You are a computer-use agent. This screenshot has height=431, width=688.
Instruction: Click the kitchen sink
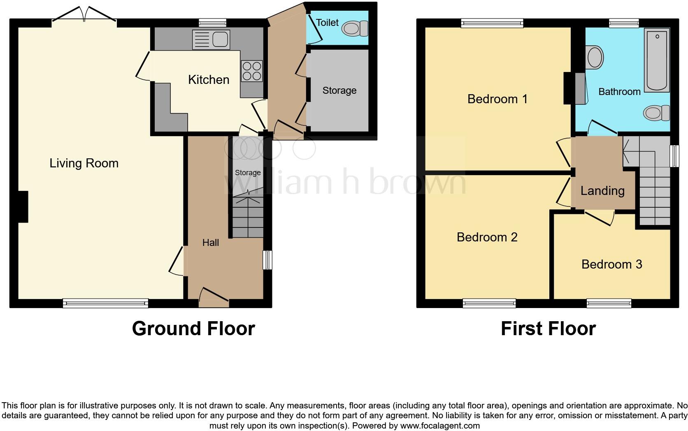[211, 40]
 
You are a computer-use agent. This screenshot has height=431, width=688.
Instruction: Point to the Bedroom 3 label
[611, 264]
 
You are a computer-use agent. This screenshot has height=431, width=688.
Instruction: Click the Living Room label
[84, 163]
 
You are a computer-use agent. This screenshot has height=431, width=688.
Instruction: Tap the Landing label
[602, 191]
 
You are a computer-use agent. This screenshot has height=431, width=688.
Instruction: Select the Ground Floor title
[193, 329]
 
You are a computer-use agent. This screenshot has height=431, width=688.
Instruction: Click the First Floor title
[548, 329]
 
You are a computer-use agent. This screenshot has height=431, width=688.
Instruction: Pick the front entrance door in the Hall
[214, 297]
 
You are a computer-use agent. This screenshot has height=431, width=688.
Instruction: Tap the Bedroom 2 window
[489, 304]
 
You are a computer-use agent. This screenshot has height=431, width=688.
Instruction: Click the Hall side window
[267, 260]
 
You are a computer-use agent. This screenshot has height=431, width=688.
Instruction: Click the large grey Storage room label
[339, 90]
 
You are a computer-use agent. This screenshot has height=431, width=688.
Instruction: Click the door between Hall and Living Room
[177, 261]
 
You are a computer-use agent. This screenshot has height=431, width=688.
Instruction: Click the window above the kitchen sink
[212, 23]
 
